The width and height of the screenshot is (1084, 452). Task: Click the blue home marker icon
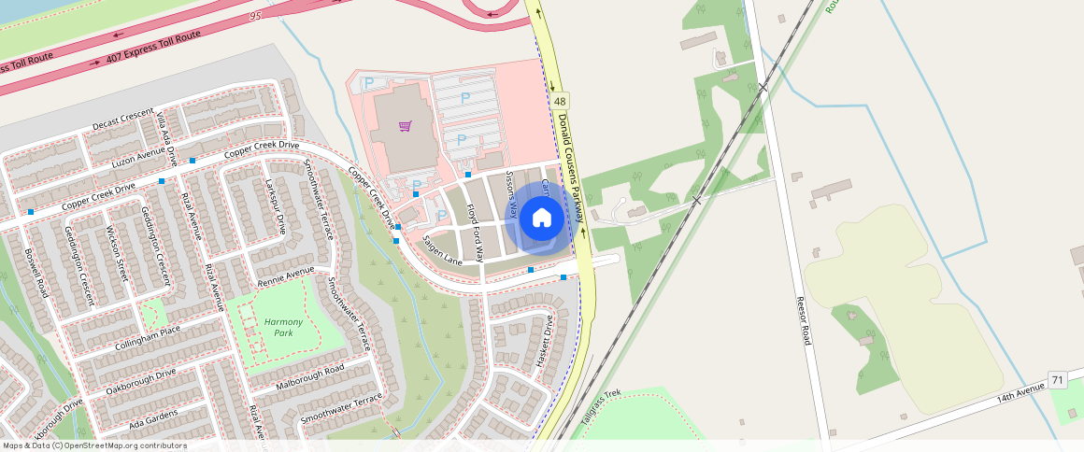tap(541, 219)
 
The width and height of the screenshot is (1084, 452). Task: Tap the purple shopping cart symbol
tap(405, 126)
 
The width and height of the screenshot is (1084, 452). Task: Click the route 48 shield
tap(559, 101)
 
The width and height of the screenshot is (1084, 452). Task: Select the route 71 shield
tap(1057, 380)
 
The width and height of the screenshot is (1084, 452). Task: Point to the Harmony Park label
tap(283, 327)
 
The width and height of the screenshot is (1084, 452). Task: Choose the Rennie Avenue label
tap(286, 276)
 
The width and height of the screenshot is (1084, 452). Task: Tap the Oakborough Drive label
tap(140, 381)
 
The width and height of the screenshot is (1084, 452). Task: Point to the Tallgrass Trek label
tap(601, 409)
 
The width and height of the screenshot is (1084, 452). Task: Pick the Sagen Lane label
tap(442, 249)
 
